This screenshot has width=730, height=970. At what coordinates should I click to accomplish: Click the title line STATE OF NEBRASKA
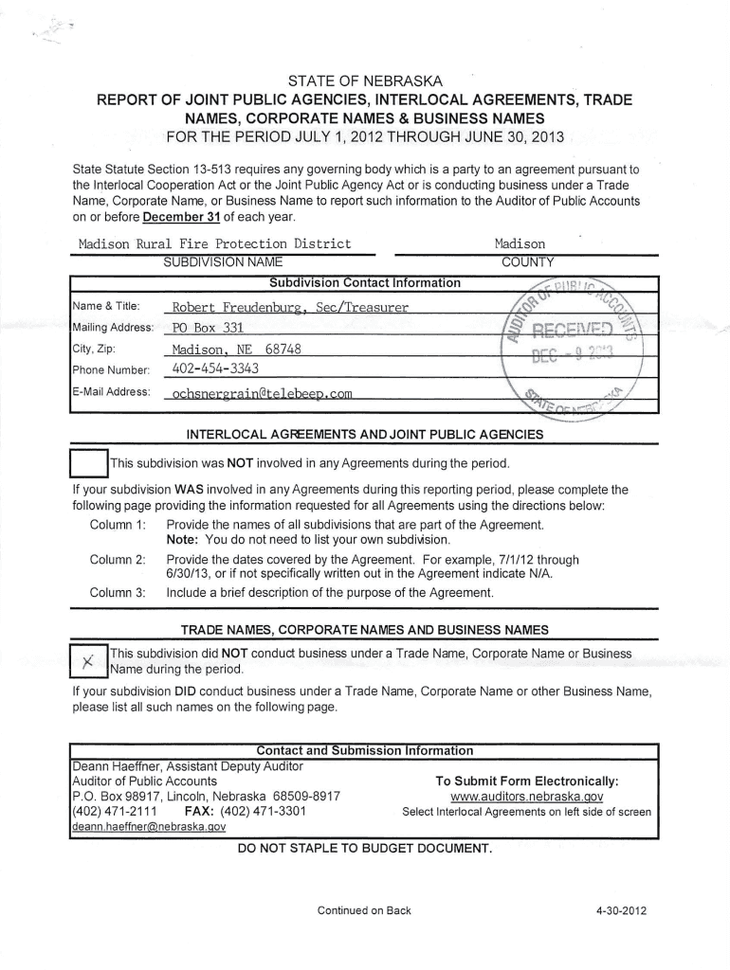365,80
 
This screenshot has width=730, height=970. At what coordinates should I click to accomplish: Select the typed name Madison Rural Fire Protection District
214,243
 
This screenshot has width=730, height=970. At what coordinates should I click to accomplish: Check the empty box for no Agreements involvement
90,464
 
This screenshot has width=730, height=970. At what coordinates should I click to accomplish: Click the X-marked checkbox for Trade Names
89,661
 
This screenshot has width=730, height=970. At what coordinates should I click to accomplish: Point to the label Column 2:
117,559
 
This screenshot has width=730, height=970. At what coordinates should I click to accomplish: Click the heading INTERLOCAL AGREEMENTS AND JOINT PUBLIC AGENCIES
365,435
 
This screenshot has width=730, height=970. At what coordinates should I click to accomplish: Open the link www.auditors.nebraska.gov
526,797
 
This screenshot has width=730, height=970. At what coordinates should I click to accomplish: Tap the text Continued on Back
364,910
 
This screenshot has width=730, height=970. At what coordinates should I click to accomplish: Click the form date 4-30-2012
621,910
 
